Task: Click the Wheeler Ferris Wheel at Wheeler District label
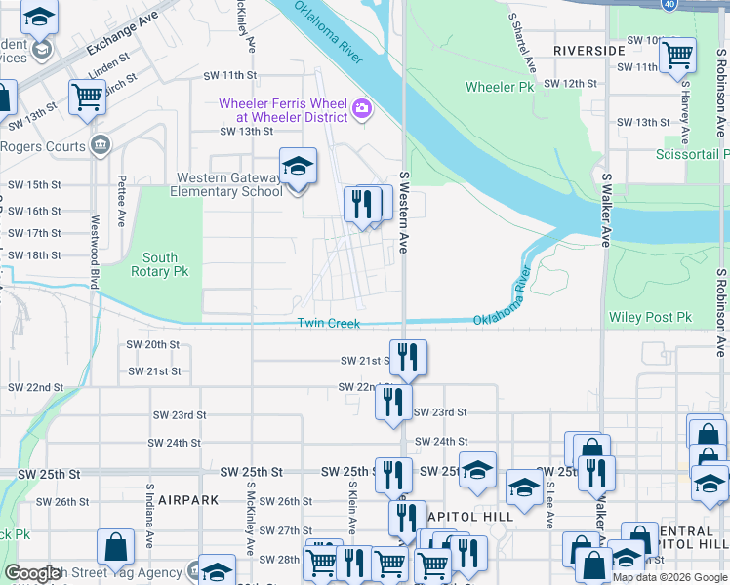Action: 283,110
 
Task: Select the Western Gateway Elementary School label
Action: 228,184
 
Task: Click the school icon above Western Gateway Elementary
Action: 299,166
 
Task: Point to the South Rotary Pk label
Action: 160,265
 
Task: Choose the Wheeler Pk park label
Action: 500,87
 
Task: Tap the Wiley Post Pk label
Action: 649,318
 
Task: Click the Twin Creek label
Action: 328,324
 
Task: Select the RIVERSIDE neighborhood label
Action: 588,50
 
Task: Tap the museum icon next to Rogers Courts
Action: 100,146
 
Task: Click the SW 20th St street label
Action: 153,344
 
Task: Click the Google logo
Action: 32,573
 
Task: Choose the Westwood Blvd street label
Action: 95,251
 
